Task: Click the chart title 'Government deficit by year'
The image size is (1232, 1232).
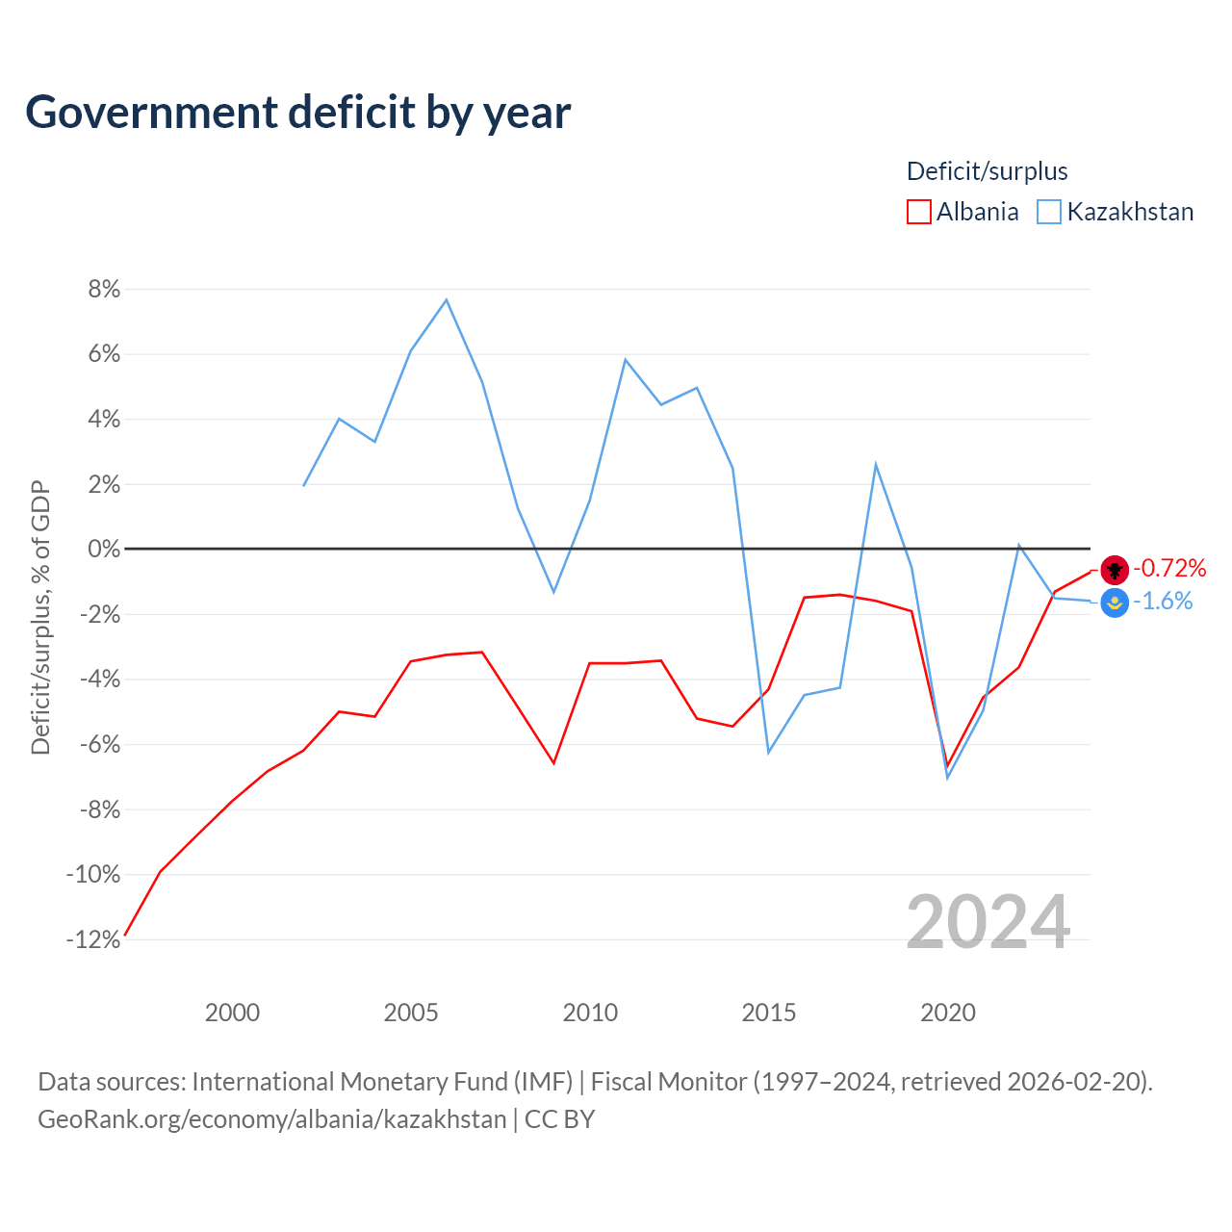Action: coord(297,113)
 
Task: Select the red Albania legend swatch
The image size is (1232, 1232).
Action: coord(918,212)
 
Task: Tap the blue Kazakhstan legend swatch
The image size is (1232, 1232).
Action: coord(1048,212)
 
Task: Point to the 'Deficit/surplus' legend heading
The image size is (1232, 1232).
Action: coord(987,171)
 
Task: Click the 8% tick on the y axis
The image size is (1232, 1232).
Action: coord(104,289)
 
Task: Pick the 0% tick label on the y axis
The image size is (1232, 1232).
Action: coord(104,549)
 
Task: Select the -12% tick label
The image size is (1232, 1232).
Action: coord(93,939)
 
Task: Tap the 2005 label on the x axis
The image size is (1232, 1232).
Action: coord(410,1013)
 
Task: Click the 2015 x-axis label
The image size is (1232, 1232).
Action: coord(768,1013)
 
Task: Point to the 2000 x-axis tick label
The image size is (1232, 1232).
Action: coord(232,1013)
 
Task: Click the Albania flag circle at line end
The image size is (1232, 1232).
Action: coord(1115,570)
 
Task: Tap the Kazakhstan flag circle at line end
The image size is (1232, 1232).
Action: coord(1115,603)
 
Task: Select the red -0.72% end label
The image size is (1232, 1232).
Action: coord(1169,568)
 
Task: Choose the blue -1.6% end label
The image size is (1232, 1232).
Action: coord(1163,601)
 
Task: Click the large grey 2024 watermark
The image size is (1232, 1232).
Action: coord(988,921)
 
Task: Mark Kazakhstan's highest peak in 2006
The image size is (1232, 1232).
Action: coord(447,300)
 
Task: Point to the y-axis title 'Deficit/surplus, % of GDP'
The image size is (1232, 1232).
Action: coord(41,618)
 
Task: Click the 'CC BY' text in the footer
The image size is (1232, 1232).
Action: coord(559,1119)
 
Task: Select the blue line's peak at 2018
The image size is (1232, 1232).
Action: coord(875,465)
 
